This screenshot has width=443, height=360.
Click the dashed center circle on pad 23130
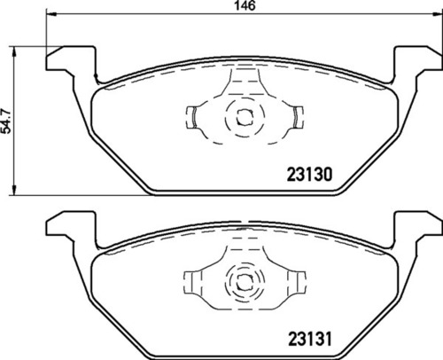coord(242,115)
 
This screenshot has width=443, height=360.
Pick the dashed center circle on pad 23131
coord(242,281)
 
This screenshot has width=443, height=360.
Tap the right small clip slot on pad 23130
coord(296,115)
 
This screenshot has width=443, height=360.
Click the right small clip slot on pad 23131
coord(296,280)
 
